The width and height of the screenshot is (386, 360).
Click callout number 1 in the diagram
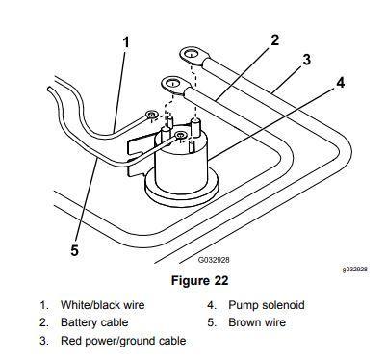(x=126, y=42)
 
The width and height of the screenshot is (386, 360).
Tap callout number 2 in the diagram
(x=275, y=40)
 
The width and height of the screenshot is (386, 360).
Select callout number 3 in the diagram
(x=306, y=60)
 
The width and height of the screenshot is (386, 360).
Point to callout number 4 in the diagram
(x=341, y=82)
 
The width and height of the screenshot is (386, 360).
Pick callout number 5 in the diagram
(x=74, y=250)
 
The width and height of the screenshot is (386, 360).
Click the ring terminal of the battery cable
(x=173, y=85)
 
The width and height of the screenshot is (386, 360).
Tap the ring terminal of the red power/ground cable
(x=192, y=54)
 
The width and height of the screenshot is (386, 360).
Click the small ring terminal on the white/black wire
(x=150, y=115)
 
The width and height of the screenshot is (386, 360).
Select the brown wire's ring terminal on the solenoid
(x=180, y=136)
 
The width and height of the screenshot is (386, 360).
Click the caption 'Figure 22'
(x=200, y=280)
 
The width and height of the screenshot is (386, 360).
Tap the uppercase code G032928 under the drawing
(x=214, y=260)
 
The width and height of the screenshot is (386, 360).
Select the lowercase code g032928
(x=354, y=269)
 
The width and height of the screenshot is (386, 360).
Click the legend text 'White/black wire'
(x=103, y=304)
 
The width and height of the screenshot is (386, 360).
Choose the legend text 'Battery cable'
(x=94, y=322)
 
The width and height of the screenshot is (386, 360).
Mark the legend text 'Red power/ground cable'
(x=123, y=341)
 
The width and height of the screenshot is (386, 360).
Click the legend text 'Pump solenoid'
(x=267, y=305)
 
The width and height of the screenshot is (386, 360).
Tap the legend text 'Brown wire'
(x=257, y=322)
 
